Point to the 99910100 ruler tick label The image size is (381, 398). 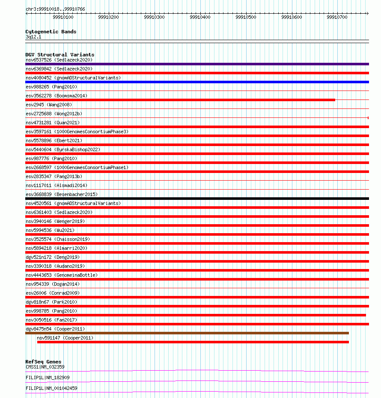coord(63,18)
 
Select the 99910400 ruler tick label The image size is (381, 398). coord(200,18)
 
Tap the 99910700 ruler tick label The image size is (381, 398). coord(337,18)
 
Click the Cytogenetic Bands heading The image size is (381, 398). coord(51,32)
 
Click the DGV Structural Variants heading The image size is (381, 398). coord(60,55)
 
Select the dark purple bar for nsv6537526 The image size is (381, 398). coord(197,64)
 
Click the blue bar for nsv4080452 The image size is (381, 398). coord(197,82)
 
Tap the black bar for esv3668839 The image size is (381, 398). coord(197,199)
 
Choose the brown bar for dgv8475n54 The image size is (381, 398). coord(187,333)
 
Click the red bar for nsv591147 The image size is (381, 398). coord(193,342)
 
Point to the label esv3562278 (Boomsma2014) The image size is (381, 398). coord(57,96)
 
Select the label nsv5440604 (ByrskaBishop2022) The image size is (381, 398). coord(63,149)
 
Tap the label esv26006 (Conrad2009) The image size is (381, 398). coord(53,293)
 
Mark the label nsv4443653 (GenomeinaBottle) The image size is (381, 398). coord(61,275)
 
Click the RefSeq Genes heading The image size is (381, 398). coord(43,362)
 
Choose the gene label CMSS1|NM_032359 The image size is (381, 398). coord(45,367)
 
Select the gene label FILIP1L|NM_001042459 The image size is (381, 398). coord(51,388)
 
